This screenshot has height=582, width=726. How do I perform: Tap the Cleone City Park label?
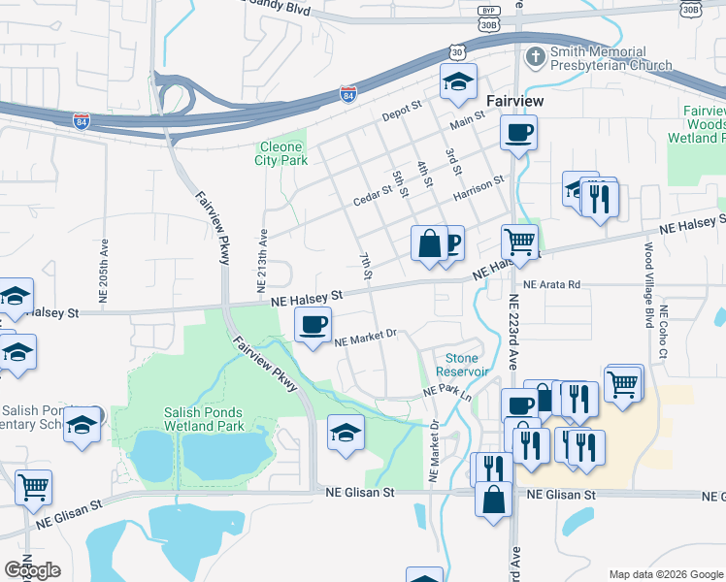(x=282, y=154)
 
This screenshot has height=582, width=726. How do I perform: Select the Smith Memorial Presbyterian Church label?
(x=610, y=58)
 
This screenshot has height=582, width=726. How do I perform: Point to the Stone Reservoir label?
(x=462, y=365)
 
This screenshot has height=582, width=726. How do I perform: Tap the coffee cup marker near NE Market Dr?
(x=313, y=327)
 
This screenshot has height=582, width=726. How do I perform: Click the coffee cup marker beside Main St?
(x=518, y=132)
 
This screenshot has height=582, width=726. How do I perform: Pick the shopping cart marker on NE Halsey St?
(x=520, y=242)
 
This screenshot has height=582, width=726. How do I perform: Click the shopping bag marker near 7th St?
(x=429, y=243)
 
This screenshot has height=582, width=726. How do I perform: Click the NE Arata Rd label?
(x=550, y=285)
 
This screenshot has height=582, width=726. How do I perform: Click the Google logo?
(x=32, y=569)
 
